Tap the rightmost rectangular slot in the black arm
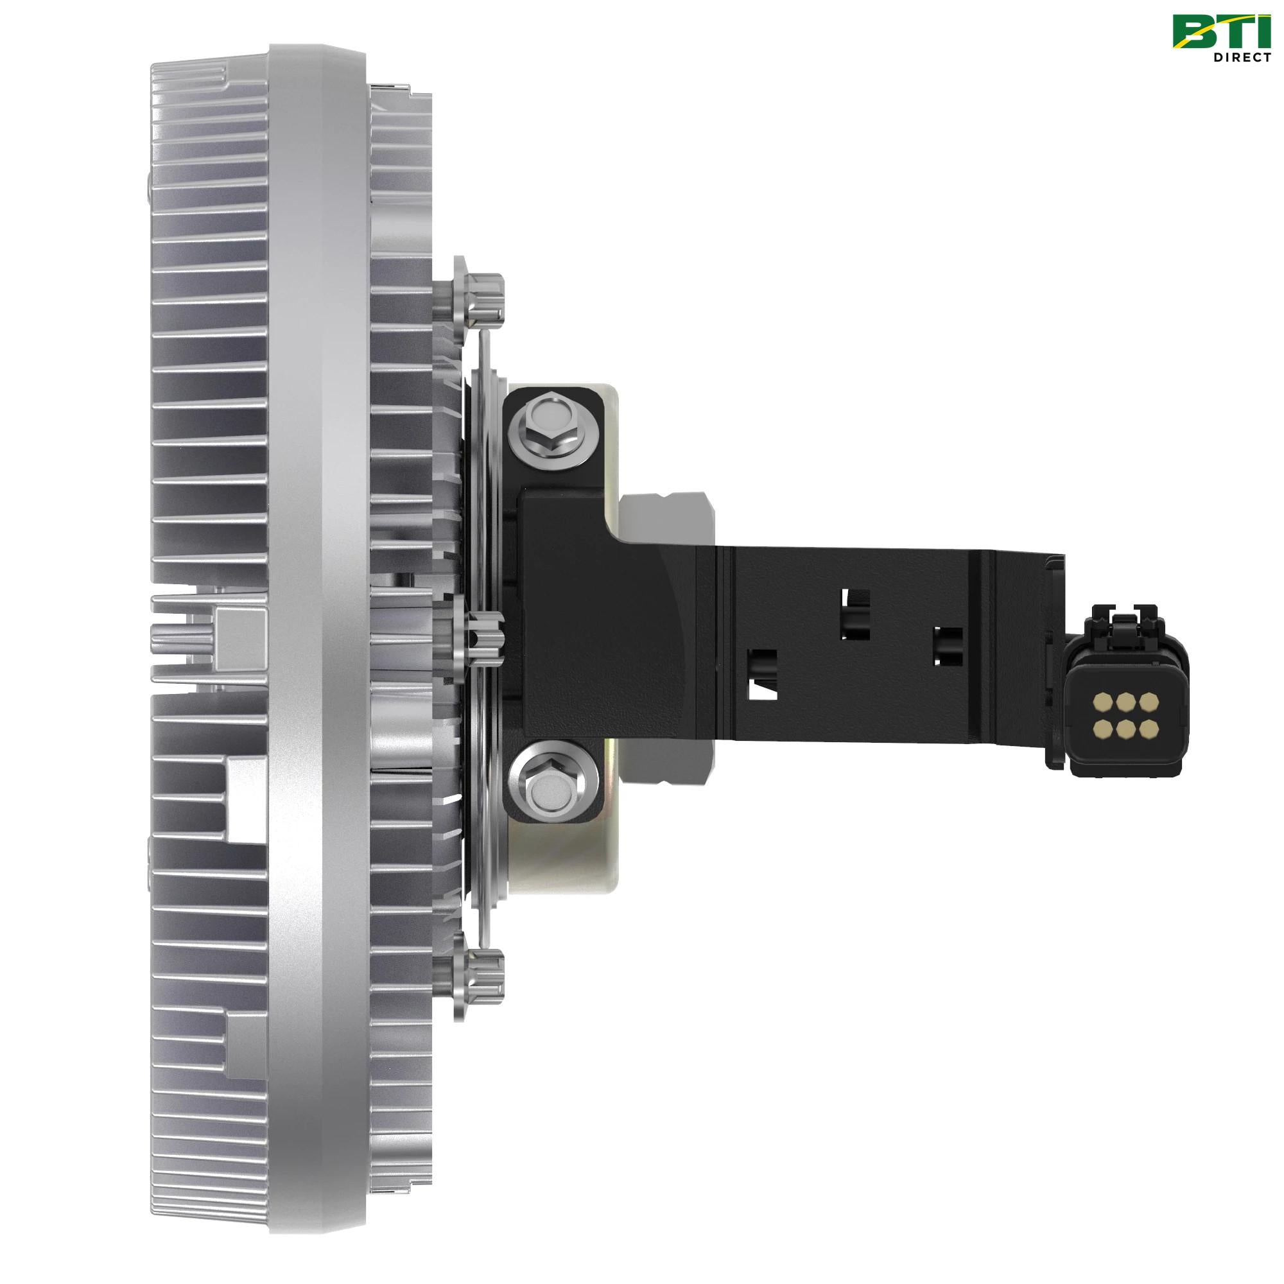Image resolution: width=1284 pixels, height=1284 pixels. tap(947, 646)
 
